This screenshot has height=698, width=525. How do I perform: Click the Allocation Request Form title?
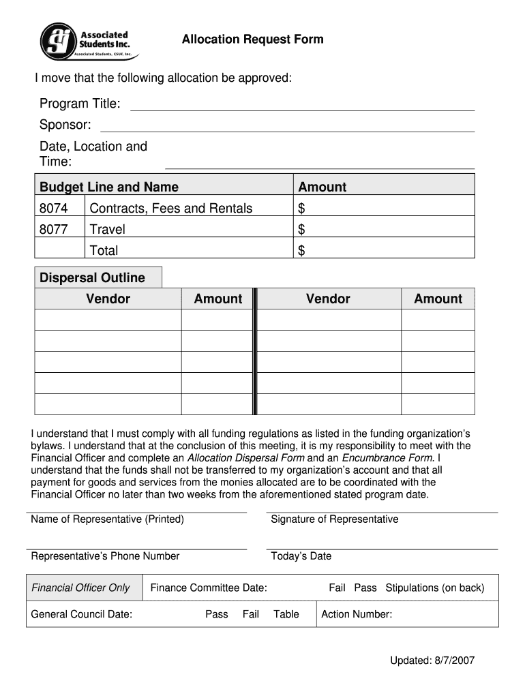[x=252, y=40]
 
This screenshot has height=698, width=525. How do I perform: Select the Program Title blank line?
[x=302, y=105]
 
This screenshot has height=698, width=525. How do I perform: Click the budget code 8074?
[x=54, y=209]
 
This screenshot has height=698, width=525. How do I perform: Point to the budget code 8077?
[x=54, y=230]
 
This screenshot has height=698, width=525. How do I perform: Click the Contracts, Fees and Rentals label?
[x=170, y=209]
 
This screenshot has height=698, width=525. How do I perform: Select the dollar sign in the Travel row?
[x=301, y=230]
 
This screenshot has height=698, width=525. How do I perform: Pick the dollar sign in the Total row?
[x=301, y=251]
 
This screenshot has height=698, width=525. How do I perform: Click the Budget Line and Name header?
[x=109, y=187]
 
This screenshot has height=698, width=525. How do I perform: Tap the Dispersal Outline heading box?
[x=98, y=277]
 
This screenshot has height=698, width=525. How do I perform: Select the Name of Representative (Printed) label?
[x=107, y=519]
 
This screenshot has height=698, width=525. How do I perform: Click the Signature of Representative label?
[x=334, y=519]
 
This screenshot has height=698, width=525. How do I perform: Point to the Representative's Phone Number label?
[x=105, y=556]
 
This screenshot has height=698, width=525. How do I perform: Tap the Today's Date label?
[x=301, y=556]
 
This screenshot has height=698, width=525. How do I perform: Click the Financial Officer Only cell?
[x=80, y=588]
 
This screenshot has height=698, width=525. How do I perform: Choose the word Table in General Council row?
[x=286, y=614]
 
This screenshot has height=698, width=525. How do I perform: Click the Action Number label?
[x=356, y=614]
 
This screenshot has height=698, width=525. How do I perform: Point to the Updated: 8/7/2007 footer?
[x=432, y=661]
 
